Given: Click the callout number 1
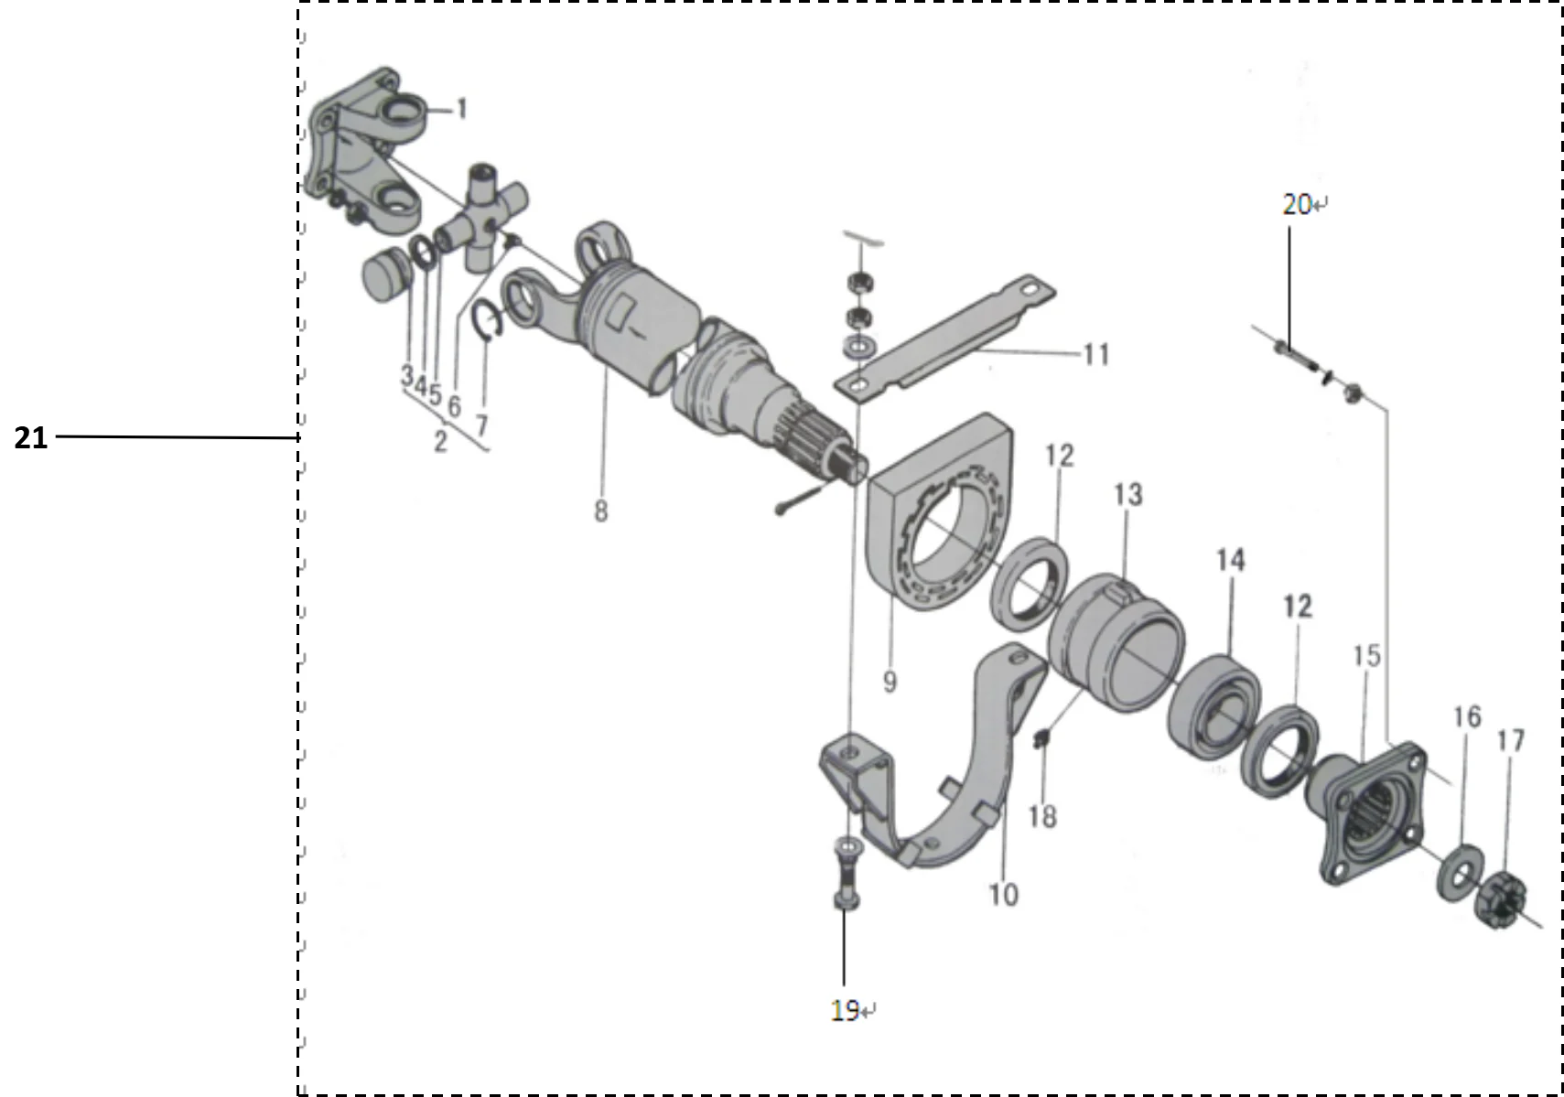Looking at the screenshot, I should click(x=462, y=110).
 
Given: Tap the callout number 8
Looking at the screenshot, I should click(x=600, y=511).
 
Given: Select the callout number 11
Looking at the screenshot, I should click(x=1095, y=354).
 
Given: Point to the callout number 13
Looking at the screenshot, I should click(x=1128, y=495).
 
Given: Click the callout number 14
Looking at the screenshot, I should click(x=1230, y=560).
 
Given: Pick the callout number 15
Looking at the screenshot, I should click(x=1366, y=655).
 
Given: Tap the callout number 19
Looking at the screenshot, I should click(x=845, y=1010).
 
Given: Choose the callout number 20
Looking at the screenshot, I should click(x=1297, y=205).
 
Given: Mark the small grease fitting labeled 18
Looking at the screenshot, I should click(x=1040, y=737).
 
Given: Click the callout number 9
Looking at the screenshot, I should click(x=890, y=682).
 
